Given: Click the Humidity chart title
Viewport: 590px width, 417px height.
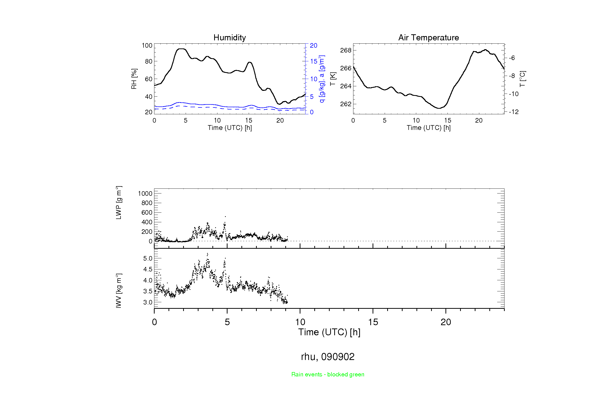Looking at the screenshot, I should point(230,38).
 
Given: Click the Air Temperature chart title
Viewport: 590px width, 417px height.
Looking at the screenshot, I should point(428,38).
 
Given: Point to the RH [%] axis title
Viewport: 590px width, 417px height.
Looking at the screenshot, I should point(134,79).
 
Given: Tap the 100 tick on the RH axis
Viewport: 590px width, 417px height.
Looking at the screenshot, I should point(147,45).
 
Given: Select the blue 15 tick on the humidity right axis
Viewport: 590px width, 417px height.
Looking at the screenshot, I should point(314,61).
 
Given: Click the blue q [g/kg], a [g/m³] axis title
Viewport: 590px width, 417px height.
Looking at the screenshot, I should point(322,79).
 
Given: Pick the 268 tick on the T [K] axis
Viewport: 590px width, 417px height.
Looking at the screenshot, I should point(346,50).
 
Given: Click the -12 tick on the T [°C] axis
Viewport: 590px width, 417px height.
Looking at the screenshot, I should point(514,112).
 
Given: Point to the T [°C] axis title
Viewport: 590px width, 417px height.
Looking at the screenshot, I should point(522,79).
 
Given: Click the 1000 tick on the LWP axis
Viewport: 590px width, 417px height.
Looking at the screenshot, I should point(145,193).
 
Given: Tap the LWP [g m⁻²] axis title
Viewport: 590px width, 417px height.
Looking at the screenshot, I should point(119,203).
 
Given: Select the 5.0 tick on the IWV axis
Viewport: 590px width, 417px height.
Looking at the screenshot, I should point(148,258).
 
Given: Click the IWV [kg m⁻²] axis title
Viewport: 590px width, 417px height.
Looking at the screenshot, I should point(119,290).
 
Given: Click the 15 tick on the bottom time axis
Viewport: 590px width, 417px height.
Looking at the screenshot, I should point(373,322).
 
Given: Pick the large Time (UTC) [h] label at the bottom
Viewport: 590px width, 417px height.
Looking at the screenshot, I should point(329,332).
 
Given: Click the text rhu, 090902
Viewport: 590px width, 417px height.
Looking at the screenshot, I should point(328,357).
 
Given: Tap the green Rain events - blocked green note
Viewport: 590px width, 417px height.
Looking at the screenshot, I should point(328,374).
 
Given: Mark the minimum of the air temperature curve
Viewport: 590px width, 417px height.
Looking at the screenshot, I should point(439,108).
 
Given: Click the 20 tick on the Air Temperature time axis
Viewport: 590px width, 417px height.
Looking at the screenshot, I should point(479,120).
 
